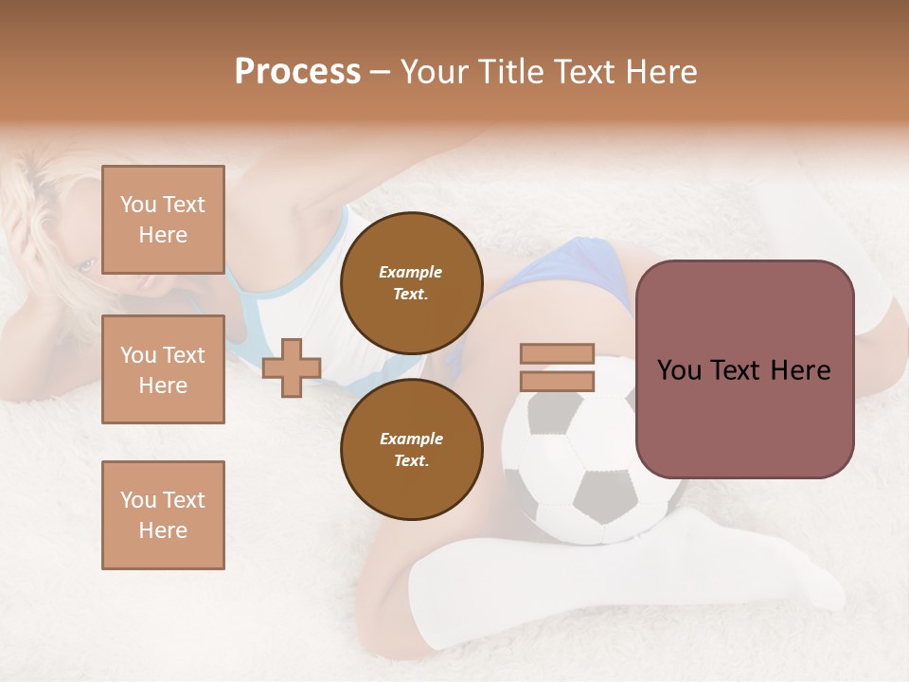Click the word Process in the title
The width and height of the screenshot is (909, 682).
tap(297, 72)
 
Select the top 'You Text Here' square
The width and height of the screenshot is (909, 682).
tap(163, 220)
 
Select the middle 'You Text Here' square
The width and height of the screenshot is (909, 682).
tap(163, 369)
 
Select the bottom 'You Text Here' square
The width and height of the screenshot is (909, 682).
tap(163, 514)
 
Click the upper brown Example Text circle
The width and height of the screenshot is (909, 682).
tap(411, 282)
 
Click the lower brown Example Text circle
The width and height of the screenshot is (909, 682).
tap(411, 449)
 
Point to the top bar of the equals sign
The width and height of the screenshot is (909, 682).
tap(557, 353)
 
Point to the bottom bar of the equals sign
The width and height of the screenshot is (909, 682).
tap(557, 382)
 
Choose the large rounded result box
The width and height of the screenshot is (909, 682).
tap(744, 369)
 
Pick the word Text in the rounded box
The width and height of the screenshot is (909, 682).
tap(740, 370)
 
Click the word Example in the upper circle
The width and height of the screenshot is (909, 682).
tap(411, 272)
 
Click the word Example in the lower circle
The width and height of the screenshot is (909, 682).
tap(411, 439)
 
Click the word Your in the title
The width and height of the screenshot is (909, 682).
tap(436, 72)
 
